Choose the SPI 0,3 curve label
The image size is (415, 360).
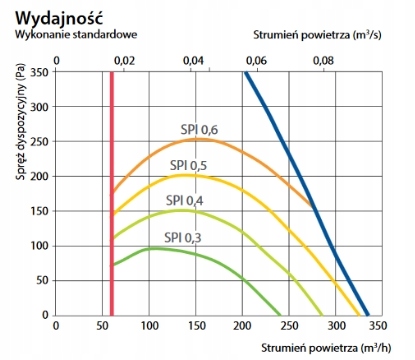[180, 237]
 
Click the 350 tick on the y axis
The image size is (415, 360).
[39, 73]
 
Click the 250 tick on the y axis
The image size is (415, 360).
[39, 142]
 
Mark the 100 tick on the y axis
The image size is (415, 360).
[39, 246]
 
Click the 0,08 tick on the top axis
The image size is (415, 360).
[323, 60]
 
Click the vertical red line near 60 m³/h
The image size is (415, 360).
[111, 200]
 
